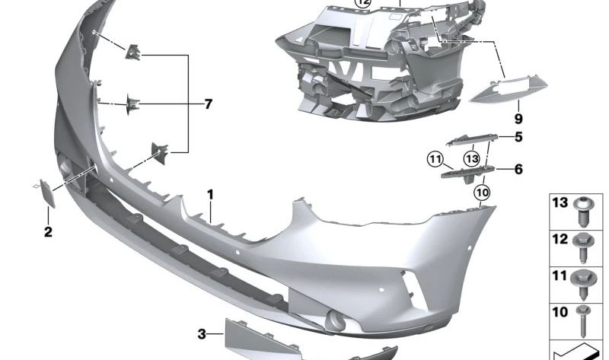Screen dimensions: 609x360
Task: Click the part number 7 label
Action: [208, 104]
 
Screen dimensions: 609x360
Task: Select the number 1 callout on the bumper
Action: [211, 195]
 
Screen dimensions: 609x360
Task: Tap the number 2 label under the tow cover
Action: [48, 232]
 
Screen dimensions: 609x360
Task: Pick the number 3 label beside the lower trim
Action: [202, 333]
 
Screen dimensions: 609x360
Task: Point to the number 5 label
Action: [518, 137]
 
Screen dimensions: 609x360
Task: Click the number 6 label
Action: [518, 169]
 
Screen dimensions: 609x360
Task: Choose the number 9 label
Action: [518, 119]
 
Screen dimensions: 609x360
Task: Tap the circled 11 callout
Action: [435, 159]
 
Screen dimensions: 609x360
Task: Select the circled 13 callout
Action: [472, 158]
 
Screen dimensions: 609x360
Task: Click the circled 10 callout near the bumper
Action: [482, 193]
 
